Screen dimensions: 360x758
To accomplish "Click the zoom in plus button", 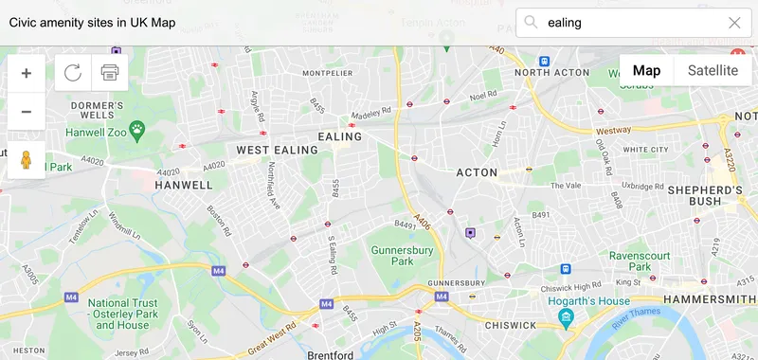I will coord(26,73).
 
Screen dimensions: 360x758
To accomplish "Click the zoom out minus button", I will coord(26,111).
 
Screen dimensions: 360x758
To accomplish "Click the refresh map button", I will coord(73,73).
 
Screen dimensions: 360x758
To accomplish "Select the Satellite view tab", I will coord(713,70).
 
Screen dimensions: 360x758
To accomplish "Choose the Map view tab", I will coord(646,70).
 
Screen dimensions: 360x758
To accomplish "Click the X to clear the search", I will coord(734,23).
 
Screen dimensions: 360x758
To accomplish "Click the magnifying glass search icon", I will coord(532,23).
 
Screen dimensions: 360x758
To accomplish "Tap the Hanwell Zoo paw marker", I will coord(138,126).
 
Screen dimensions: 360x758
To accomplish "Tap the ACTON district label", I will coord(477,172).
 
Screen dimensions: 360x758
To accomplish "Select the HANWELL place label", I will coord(184,185).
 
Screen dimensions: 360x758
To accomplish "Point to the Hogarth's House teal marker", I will coord(566,317).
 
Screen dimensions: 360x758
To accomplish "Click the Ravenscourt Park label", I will coord(641,261).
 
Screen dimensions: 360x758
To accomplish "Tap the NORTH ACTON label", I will coord(546,72).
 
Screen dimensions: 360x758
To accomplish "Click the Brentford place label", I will coord(331,354).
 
